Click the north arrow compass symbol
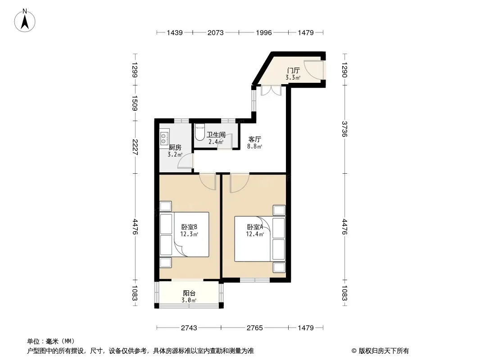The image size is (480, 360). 25,21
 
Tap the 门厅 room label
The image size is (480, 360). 293,71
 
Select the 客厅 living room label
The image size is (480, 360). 255,139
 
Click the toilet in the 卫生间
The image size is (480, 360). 199,132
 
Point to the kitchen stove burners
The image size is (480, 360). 164,138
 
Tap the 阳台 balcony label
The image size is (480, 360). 189,293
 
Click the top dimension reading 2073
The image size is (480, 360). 216,33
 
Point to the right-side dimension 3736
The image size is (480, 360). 345,129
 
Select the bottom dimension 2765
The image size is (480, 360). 255,328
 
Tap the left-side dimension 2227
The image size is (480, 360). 135,147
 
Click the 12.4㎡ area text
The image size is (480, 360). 255,234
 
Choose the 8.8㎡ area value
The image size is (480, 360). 255,147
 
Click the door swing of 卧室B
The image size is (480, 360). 208,181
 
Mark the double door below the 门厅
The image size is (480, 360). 271,90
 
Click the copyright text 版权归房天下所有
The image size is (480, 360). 384,351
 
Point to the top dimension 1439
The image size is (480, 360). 175,33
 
